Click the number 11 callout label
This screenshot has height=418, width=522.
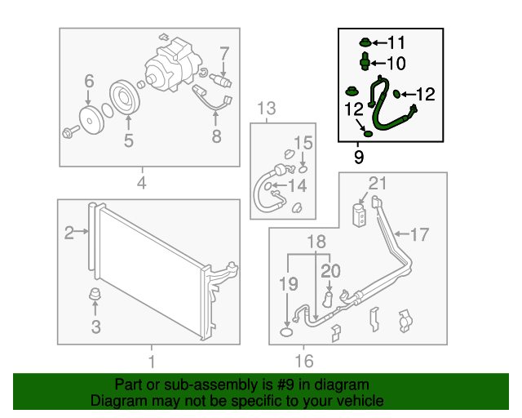click(x=395, y=42)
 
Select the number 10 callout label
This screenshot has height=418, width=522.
click(x=395, y=63)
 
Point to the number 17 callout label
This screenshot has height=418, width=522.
click(x=418, y=235)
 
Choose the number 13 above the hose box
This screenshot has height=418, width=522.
click(x=267, y=108)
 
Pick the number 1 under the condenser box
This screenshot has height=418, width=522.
click(x=150, y=360)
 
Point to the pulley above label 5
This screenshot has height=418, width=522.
click(x=126, y=97)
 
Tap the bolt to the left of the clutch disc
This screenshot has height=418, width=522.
click(x=69, y=130)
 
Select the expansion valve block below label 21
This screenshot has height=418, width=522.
click(x=358, y=215)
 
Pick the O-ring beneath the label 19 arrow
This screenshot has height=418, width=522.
click(x=286, y=331)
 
